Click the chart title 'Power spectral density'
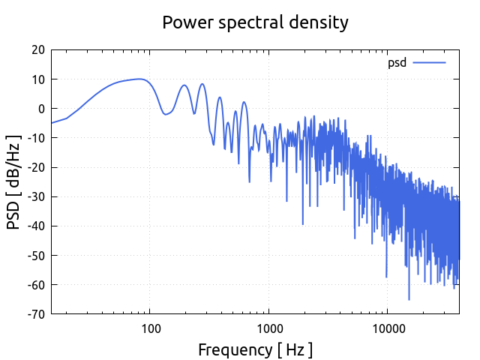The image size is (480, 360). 256,22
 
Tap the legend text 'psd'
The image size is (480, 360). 397,63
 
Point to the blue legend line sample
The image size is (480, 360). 429,63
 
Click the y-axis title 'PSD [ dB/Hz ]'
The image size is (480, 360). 14,182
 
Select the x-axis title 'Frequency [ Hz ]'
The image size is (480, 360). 255,349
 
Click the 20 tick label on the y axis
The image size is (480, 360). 37,50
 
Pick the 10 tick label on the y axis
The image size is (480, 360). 37,79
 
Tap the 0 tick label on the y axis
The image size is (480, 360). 41,109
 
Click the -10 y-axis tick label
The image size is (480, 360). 35,138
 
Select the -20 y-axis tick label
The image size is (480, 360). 35,167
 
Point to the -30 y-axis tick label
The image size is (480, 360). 35,196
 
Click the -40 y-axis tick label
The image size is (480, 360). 35,226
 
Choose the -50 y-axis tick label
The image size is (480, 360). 35,255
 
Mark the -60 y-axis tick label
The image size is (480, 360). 35,284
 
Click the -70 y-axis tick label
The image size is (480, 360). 35,313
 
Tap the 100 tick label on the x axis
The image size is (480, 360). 150,328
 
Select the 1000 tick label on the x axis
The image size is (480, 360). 268,328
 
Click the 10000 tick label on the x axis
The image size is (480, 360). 387,328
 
